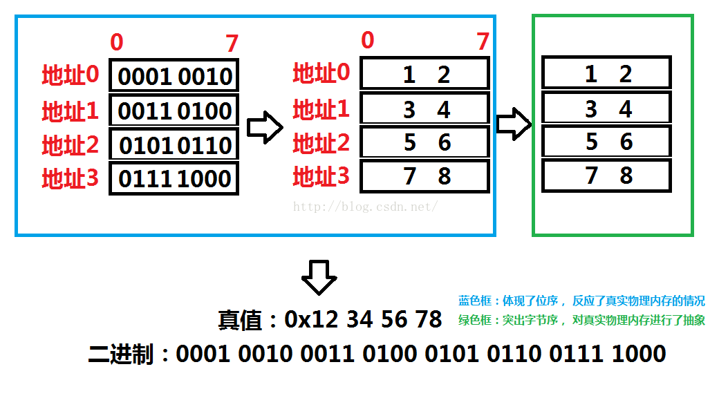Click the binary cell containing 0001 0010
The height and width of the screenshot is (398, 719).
click(174, 75)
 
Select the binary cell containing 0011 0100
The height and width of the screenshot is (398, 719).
click(174, 110)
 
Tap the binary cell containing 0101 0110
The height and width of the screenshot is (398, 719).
click(174, 145)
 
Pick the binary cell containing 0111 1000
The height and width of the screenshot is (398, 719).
click(174, 179)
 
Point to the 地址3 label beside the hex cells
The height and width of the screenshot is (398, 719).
click(321, 177)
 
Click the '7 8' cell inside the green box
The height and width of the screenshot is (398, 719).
click(606, 176)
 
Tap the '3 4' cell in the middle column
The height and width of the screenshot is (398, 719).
click(424, 109)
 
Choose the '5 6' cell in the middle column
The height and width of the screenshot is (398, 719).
click(424, 142)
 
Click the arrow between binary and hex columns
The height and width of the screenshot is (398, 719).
click(265, 129)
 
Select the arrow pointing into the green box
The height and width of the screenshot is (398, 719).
click(514, 123)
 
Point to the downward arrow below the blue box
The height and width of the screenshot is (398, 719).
click(319, 277)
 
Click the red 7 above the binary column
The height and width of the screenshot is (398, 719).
click(232, 44)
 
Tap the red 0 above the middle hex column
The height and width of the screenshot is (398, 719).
click(367, 41)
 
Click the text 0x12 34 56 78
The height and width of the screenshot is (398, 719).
click(363, 319)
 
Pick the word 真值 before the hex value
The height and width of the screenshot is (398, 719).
click(240, 320)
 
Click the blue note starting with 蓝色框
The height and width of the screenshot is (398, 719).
click(581, 301)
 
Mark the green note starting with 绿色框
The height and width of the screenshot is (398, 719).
click(581, 320)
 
